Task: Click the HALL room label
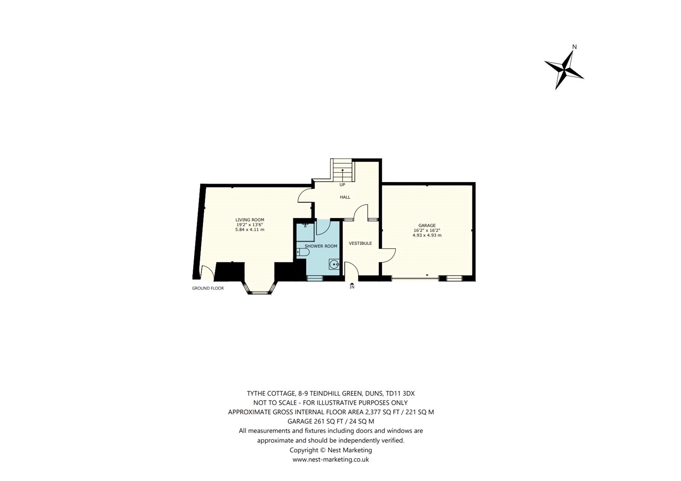(345, 197)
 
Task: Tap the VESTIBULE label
(360, 243)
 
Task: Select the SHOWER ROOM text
(321, 246)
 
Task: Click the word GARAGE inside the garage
(427, 225)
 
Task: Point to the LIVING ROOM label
(250, 220)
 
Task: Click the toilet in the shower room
(303, 252)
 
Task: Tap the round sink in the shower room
(334, 265)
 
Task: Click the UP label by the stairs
(342, 185)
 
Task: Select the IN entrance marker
(352, 286)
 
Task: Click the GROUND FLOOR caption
(208, 288)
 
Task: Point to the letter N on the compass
(574, 47)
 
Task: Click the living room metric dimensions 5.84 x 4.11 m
(250, 230)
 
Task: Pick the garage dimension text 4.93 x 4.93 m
(427, 235)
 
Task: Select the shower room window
(315, 278)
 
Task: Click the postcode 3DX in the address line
(409, 393)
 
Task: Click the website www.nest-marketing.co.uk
(331, 460)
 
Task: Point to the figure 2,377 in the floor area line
(374, 413)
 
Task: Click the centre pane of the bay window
(259, 293)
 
